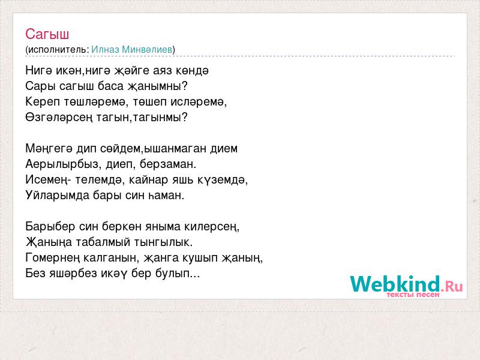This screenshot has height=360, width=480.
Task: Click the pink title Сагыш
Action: [47, 34]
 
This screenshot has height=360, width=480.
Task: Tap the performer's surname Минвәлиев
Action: [147, 49]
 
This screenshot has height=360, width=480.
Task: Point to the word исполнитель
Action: [58, 50]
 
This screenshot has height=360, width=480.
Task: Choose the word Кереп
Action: [43, 102]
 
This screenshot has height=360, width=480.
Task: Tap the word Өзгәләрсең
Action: [59, 118]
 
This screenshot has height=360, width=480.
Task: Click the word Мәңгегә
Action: [49, 149]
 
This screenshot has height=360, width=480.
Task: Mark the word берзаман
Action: [168, 164]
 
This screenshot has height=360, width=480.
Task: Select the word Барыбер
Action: [50, 227]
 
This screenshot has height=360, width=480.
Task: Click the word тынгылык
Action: [163, 242]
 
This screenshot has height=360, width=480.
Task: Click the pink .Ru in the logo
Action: [452, 286]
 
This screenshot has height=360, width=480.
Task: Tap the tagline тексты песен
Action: [413, 295]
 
